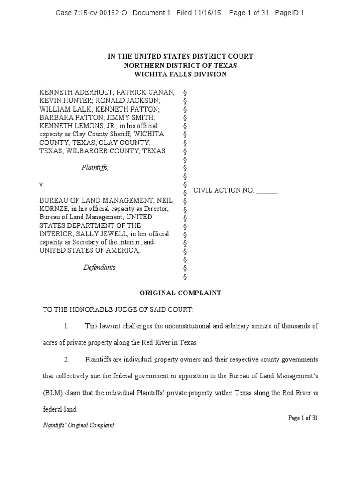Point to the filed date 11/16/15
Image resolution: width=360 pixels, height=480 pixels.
click(208, 13)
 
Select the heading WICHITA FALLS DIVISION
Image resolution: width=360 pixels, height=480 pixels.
click(180, 74)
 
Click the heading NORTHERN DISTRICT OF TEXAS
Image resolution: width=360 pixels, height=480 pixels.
click(180, 65)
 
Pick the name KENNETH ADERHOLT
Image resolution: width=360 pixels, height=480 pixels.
click(69, 92)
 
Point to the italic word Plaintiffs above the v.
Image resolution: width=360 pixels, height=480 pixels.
click(95, 167)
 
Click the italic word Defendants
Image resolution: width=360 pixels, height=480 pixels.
click(99, 267)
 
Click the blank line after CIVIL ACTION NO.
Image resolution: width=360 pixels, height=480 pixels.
click(267, 191)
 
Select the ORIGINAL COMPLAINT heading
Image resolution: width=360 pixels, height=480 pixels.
click(180, 293)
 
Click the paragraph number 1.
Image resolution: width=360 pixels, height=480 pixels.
click(67, 326)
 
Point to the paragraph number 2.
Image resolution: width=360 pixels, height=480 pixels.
click(67, 360)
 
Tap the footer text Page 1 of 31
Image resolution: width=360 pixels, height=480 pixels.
click(303, 418)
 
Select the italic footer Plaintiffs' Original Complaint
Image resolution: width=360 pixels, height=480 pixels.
click(77, 425)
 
